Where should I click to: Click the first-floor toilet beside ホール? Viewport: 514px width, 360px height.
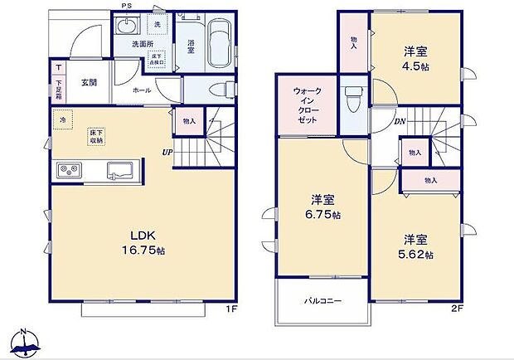point(222,89)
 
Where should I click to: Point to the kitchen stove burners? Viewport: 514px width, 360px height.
point(68,171)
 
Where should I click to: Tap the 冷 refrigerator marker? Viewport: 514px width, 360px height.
point(62,120)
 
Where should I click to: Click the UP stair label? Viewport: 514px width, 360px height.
point(167,153)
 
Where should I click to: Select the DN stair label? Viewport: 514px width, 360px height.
point(399,121)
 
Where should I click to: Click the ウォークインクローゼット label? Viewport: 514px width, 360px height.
point(308,106)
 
